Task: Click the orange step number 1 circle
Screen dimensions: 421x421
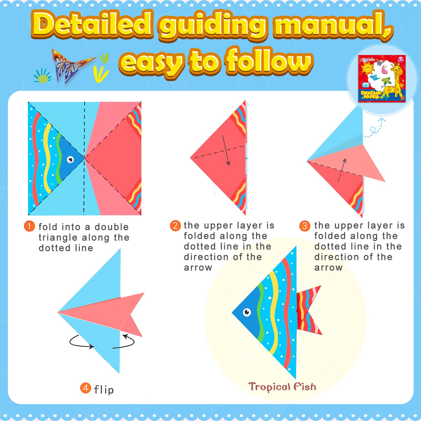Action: tap(29, 226)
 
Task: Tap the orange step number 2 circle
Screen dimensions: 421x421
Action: tap(175, 226)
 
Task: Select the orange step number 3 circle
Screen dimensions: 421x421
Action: tap(304, 226)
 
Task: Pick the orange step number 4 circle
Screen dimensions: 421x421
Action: tap(86, 388)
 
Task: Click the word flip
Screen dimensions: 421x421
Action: tap(104, 390)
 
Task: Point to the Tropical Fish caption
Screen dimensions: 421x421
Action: tap(282, 387)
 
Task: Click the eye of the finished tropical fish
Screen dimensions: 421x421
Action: tap(247, 312)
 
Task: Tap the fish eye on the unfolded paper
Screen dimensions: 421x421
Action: tap(70, 160)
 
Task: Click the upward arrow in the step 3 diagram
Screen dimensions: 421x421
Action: tap(342, 170)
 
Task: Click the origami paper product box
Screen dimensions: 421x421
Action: tap(381, 79)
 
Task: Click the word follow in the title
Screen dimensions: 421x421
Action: tap(269, 62)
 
